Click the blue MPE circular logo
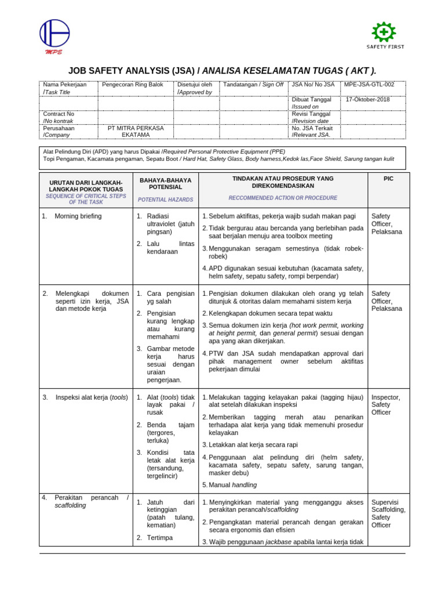54,34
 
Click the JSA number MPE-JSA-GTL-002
369,85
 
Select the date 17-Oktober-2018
368,99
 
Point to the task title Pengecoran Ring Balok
132,85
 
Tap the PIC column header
388,179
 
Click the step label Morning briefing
78,216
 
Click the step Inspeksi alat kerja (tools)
91,397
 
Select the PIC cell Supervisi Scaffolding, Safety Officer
388,513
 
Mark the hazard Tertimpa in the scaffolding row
160,538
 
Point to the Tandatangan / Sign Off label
253,85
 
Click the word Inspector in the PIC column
385,397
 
